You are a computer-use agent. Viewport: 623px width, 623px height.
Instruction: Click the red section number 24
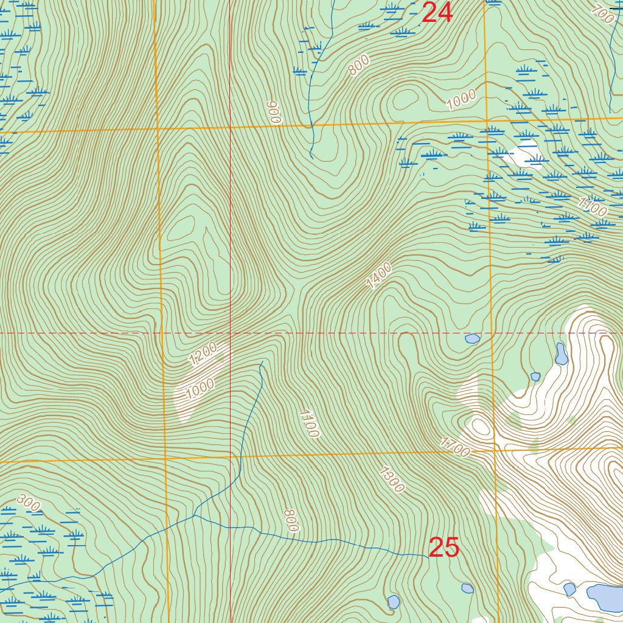[437, 12]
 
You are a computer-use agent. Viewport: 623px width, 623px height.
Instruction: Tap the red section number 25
[444, 548]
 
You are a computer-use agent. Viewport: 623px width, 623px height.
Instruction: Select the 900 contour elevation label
[274, 113]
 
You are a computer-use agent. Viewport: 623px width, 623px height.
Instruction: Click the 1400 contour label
[379, 276]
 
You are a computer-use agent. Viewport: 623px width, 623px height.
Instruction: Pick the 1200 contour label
[203, 353]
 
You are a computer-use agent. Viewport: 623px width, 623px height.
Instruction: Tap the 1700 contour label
[455, 448]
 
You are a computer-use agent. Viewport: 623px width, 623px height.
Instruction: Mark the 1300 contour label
[391, 479]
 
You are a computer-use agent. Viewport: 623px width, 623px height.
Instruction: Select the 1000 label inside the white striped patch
[200, 388]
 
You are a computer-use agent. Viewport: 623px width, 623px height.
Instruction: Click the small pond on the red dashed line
[472, 338]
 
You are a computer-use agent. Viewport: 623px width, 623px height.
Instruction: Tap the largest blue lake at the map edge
[605, 597]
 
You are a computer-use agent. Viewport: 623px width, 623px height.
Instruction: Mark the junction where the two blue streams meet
[194, 515]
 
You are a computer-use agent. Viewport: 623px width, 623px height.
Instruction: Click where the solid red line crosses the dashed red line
[230, 333]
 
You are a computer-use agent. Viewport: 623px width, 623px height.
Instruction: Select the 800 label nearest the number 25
[291, 521]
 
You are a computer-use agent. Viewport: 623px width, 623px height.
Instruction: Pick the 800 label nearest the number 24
[360, 65]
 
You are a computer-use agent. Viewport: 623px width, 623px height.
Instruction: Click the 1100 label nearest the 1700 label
[309, 423]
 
